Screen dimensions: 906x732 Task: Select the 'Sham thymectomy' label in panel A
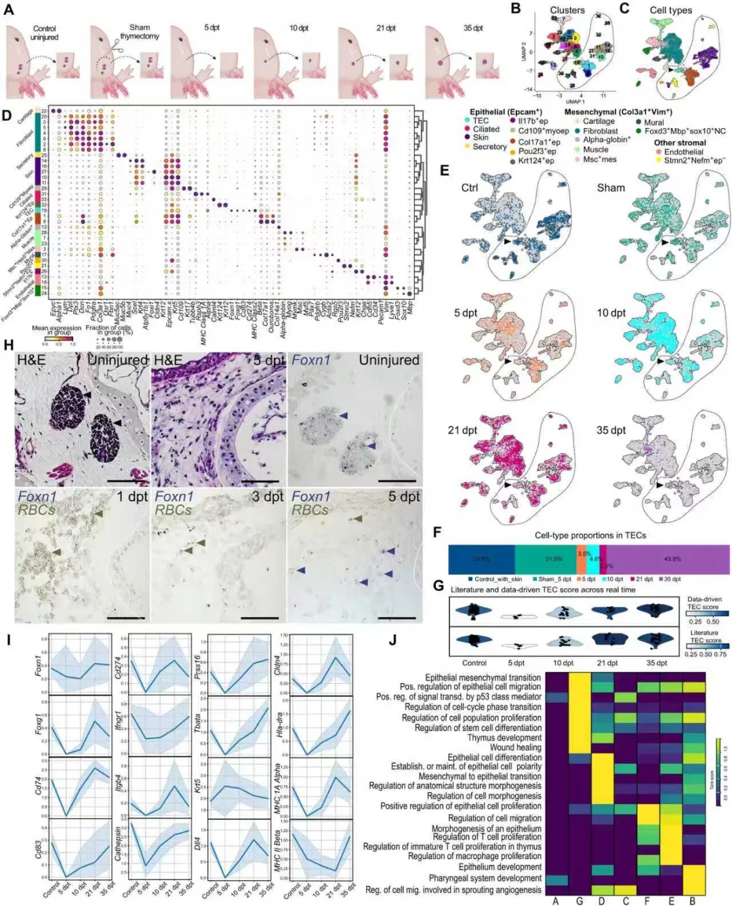click(140, 32)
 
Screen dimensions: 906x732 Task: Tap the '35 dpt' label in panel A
click(473, 28)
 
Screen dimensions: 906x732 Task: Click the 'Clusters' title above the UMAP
click(567, 10)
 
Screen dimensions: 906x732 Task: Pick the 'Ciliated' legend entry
click(486, 129)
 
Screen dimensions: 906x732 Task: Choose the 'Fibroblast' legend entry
click(600, 131)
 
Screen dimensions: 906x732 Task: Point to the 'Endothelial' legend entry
click(683, 152)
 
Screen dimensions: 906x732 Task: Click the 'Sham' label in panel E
click(611, 188)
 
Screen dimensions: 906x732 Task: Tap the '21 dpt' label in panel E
click(462, 430)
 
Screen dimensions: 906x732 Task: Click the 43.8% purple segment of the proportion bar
click(672, 559)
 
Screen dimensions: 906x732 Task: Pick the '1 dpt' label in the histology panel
click(131, 497)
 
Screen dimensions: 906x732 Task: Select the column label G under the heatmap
click(579, 901)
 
